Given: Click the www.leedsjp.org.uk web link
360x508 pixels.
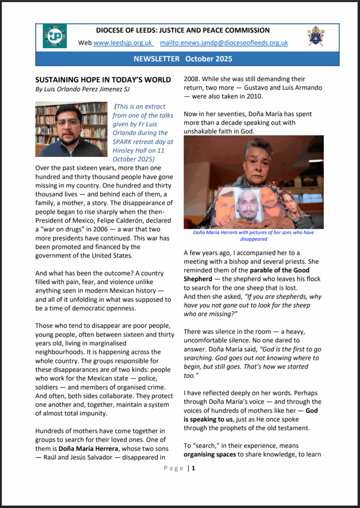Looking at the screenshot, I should coord(122,43).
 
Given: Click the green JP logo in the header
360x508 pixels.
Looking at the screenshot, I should coord(55,36).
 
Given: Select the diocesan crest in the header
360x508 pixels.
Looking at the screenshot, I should coord(316,36).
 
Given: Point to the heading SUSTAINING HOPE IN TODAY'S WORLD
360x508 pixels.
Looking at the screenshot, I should coord(103,79).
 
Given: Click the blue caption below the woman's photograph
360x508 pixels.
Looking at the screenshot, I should coord(253,235).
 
